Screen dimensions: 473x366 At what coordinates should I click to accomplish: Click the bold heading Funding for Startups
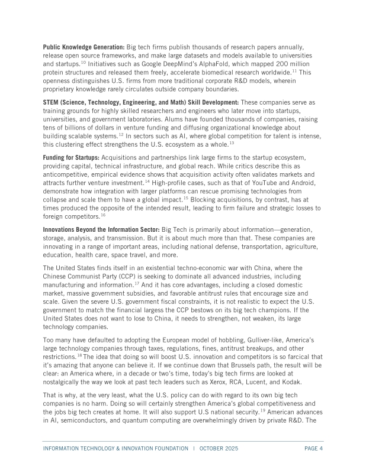pos(71,157)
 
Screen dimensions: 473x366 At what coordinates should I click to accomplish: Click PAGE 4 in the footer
pos(313,448)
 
